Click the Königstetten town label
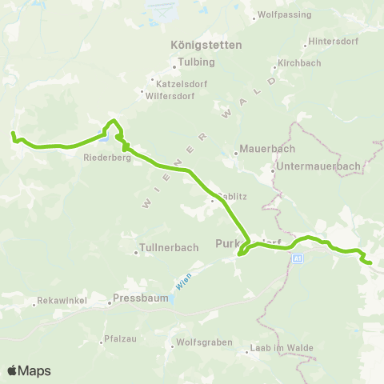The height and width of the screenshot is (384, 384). (x=206, y=45)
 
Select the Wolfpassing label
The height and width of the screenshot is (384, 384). (x=278, y=15)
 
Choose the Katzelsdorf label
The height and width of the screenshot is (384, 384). (x=181, y=80)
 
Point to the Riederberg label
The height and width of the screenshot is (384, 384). (x=102, y=158)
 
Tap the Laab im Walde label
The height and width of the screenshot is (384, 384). (x=280, y=347)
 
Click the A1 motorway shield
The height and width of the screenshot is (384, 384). (x=298, y=258)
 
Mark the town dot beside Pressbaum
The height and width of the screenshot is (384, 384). (x=109, y=303)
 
